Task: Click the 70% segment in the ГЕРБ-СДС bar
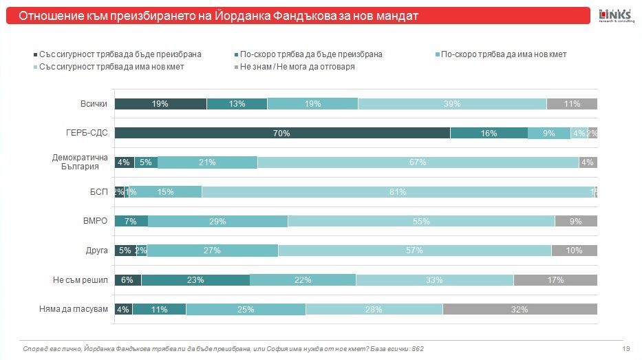[281, 134]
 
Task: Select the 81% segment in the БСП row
[398, 192]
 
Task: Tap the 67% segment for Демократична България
[418, 162]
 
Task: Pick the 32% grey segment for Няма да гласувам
[520, 309]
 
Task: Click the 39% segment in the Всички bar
[452, 104]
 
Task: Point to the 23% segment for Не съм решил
[195, 280]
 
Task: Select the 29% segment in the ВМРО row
[217, 222]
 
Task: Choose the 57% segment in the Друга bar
[414, 251]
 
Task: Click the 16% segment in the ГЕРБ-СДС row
[489, 134]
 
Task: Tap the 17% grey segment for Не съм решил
[555, 280]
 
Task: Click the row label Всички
[94, 104]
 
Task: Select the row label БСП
[99, 192]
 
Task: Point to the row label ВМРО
[96, 222]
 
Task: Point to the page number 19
[626, 349]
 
